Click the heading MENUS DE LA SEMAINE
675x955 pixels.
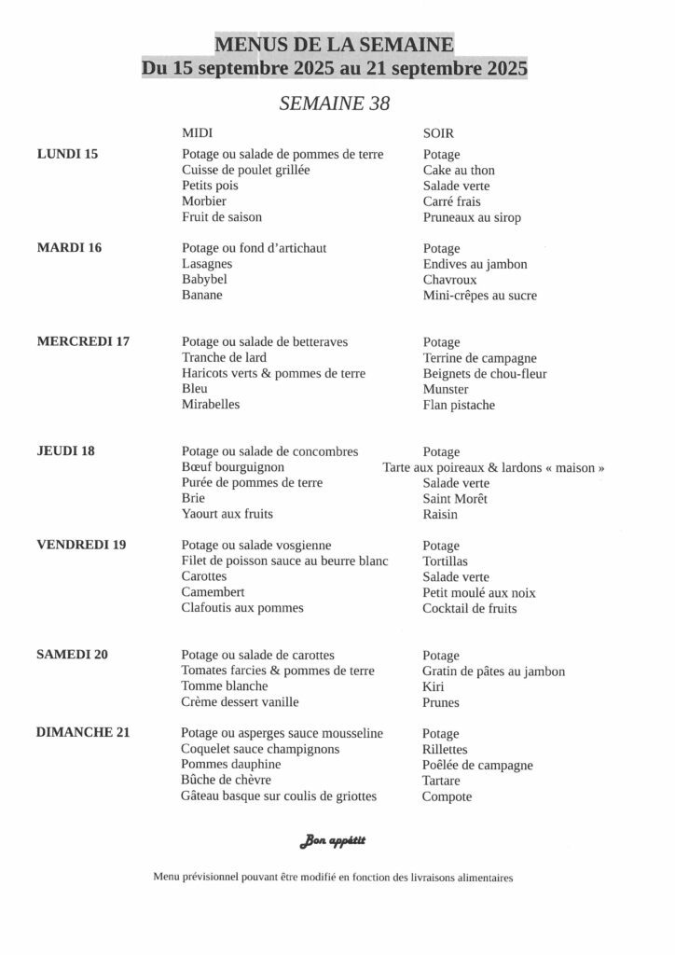coord(335,45)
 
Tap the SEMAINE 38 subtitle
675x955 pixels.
coord(335,104)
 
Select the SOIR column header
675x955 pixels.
coord(438,133)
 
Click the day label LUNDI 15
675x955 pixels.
coord(67,154)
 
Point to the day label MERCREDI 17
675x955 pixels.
coord(83,341)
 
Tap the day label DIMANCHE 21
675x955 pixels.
coord(83,732)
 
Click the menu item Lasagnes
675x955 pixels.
coord(208,264)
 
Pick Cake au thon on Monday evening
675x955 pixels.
coord(459,170)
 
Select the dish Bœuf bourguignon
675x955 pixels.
coord(233,466)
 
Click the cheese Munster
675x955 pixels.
coord(446,389)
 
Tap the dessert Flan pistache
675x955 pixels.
coord(459,405)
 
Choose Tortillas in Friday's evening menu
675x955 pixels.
coord(446,561)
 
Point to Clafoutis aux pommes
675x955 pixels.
coord(242,608)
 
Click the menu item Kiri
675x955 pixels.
coord(433,686)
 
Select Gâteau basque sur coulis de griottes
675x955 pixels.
coord(281,796)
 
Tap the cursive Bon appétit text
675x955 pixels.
coord(333,841)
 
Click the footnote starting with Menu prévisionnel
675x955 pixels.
coord(334,877)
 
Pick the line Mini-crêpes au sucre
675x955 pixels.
coord(479,296)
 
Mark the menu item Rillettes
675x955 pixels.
coord(445,749)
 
